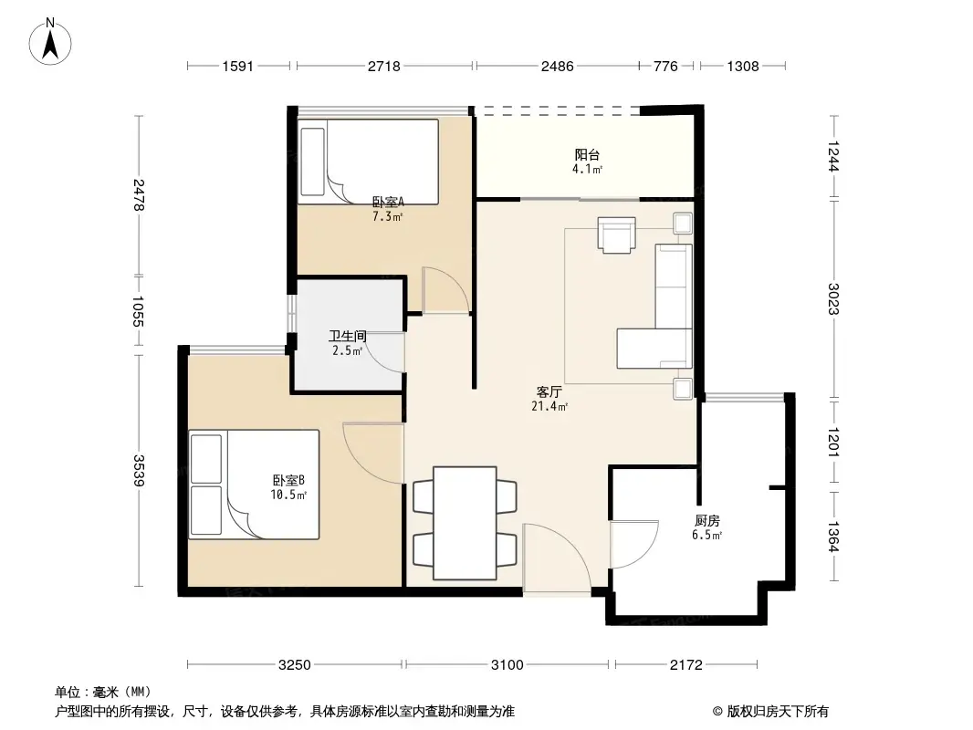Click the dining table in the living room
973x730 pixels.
click(x=465, y=523)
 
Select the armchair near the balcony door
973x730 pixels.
click(x=617, y=235)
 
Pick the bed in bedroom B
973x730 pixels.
click(x=255, y=485)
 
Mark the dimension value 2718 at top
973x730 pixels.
click(x=383, y=66)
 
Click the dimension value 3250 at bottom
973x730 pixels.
click(x=296, y=665)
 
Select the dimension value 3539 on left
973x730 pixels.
click(x=139, y=471)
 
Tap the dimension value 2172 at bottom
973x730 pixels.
click(x=686, y=665)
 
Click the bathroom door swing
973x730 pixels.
click(x=387, y=351)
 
